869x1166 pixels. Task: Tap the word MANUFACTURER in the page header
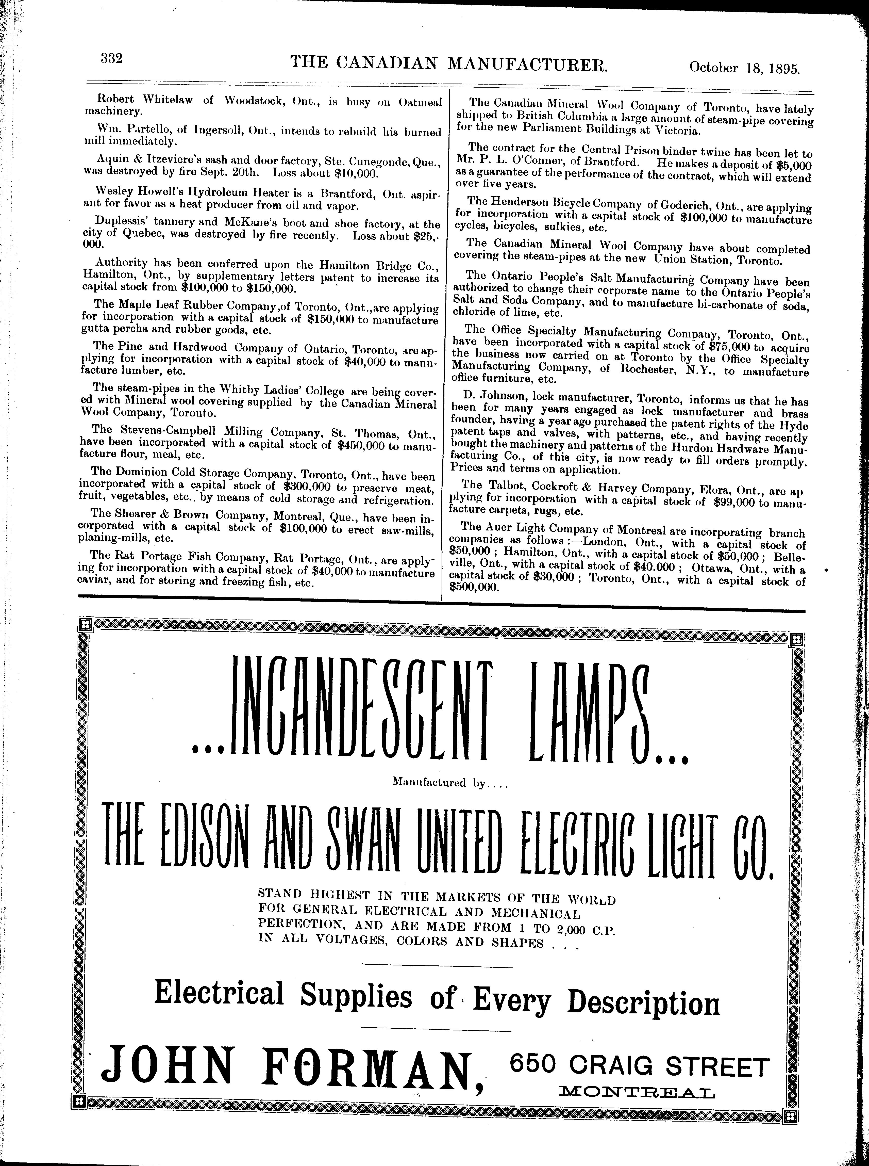(x=527, y=64)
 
